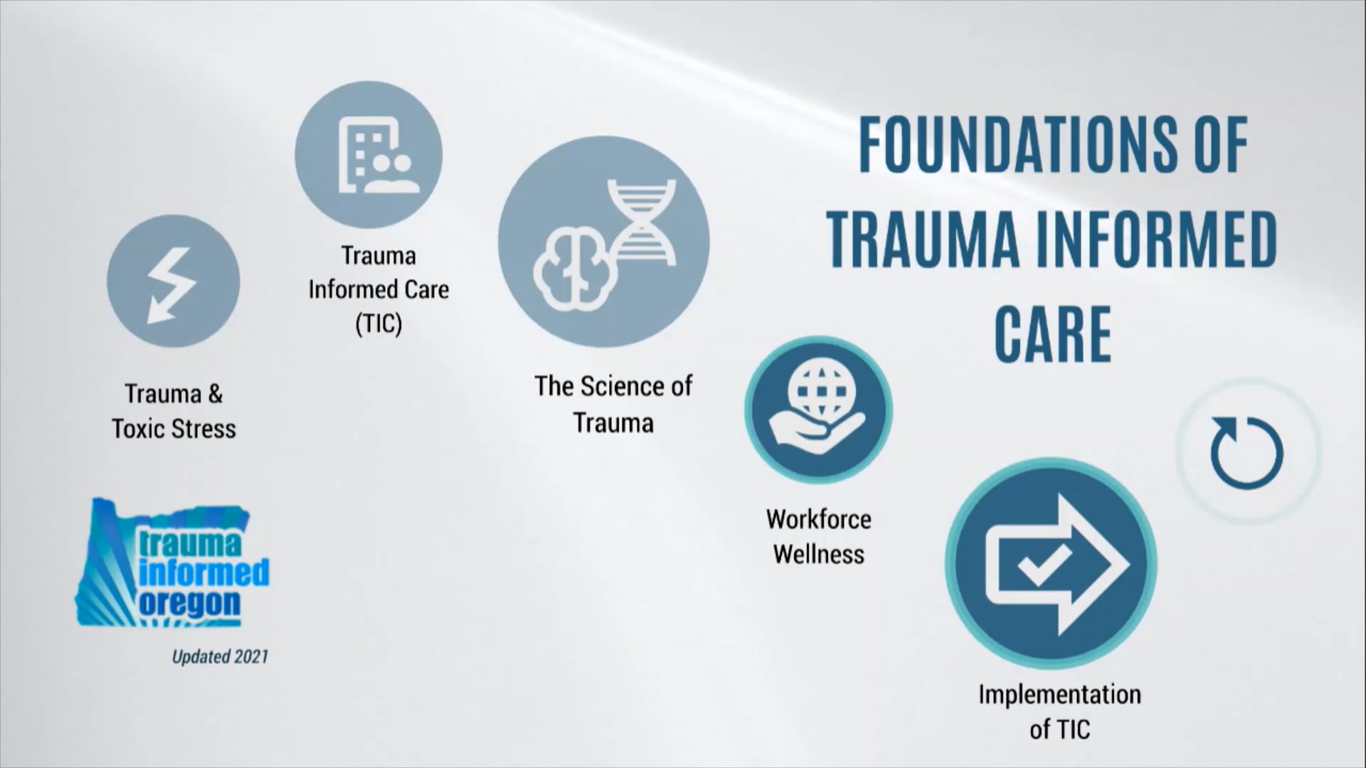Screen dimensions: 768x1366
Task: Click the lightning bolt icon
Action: tap(173, 283)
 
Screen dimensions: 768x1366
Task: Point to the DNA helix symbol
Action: tap(642, 220)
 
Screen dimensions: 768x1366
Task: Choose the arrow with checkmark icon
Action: tap(1052, 563)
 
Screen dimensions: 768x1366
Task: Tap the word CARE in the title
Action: tap(1052, 334)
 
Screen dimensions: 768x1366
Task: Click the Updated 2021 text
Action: tap(220, 656)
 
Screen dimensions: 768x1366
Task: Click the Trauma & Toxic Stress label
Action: tap(174, 411)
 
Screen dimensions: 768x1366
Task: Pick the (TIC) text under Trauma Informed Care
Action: tap(378, 324)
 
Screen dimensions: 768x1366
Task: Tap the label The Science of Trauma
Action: tap(613, 405)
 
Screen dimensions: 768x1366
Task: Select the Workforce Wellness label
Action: tap(819, 536)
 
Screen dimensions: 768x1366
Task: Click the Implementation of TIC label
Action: tap(1059, 711)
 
